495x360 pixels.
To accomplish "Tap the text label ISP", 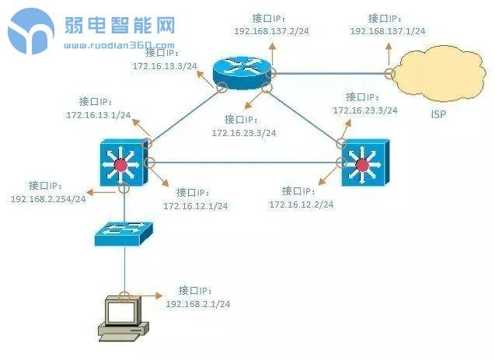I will click(x=440, y=114).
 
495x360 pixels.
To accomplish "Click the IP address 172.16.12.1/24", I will click(x=195, y=206).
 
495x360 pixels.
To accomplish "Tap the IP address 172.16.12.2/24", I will click(x=302, y=204).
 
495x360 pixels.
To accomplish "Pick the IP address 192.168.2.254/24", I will click(x=48, y=199).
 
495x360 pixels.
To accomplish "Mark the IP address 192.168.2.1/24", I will click(x=198, y=302).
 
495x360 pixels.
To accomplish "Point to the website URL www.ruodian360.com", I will click(x=119, y=45).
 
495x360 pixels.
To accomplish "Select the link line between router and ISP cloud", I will click(x=330, y=74).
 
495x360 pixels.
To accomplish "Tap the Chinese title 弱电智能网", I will click(x=120, y=26).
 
